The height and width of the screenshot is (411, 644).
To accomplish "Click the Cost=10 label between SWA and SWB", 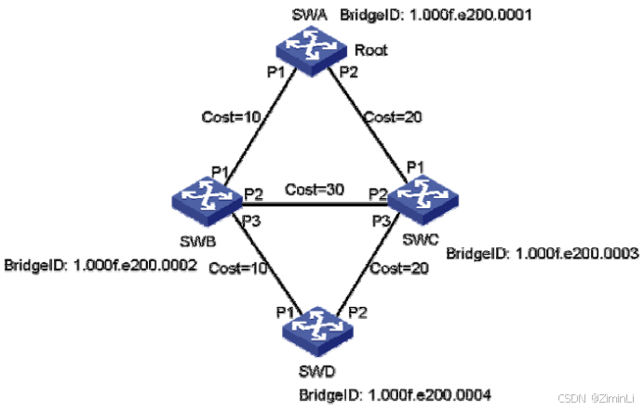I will coord(225,117).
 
